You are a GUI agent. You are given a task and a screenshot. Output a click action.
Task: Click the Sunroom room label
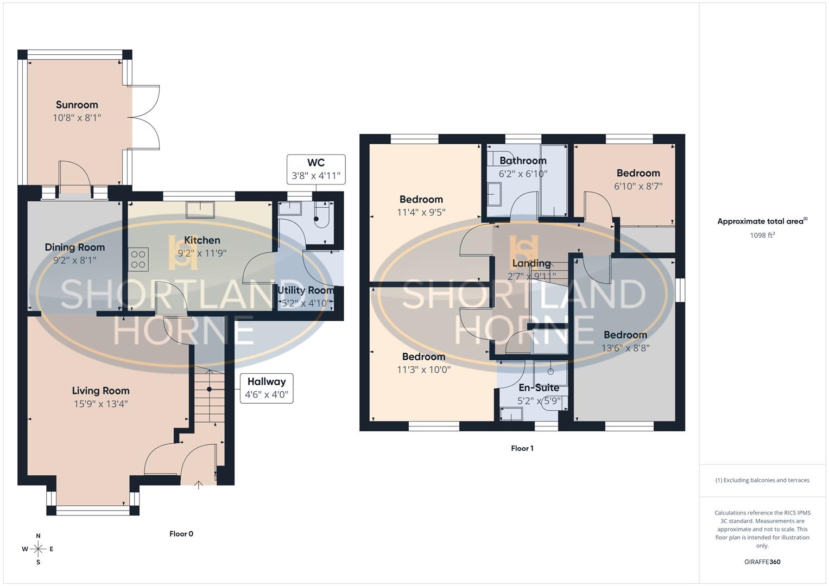[77, 105]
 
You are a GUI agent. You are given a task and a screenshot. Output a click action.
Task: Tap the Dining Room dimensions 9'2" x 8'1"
[74, 260]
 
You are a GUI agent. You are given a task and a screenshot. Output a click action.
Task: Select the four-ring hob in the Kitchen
[138, 259]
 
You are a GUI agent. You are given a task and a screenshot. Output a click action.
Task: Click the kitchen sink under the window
[200, 209]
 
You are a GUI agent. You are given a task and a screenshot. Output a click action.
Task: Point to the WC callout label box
[316, 169]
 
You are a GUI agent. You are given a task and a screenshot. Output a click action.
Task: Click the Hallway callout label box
[266, 388]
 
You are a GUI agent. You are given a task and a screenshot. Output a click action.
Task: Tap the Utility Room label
[306, 290]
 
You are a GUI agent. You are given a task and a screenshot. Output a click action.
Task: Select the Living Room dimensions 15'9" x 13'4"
[100, 404]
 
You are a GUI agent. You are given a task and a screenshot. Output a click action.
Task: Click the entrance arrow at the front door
[199, 484]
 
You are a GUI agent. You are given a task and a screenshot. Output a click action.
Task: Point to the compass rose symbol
[38, 549]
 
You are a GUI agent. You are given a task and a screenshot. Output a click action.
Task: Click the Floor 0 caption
[181, 534]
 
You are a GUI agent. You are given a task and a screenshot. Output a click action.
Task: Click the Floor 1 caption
[522, 449]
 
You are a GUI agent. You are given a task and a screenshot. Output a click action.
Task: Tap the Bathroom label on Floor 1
[523, 161]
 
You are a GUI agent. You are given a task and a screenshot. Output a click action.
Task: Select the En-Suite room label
[539, 388]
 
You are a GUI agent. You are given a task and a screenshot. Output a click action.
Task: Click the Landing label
[531, 263]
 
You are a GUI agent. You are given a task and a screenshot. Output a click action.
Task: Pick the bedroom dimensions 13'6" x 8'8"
[625, 348]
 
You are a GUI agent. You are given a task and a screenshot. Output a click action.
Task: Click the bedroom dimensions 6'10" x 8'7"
[638, 186]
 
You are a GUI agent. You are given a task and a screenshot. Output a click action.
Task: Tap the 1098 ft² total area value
[762, 235]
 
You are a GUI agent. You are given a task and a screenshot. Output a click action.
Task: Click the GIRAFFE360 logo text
[762, 562]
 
